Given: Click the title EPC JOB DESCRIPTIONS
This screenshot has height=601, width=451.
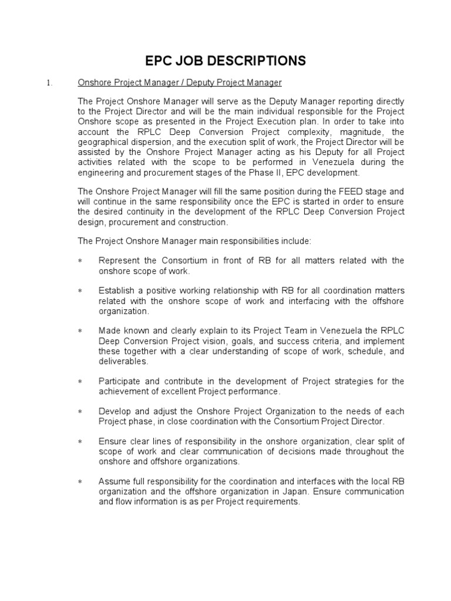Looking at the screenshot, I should (225, 60).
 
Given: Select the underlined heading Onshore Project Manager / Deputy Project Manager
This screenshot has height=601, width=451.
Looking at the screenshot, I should (180, 83).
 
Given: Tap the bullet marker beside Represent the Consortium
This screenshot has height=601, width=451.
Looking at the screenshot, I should (80, 261).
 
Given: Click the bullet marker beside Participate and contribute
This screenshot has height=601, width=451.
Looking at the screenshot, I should (80, 381).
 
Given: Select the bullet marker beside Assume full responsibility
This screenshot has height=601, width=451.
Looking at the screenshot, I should (80, 482).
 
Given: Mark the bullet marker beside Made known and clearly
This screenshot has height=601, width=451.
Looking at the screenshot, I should (80, 332).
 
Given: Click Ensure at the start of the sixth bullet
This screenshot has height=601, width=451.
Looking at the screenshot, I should (112, 441).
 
